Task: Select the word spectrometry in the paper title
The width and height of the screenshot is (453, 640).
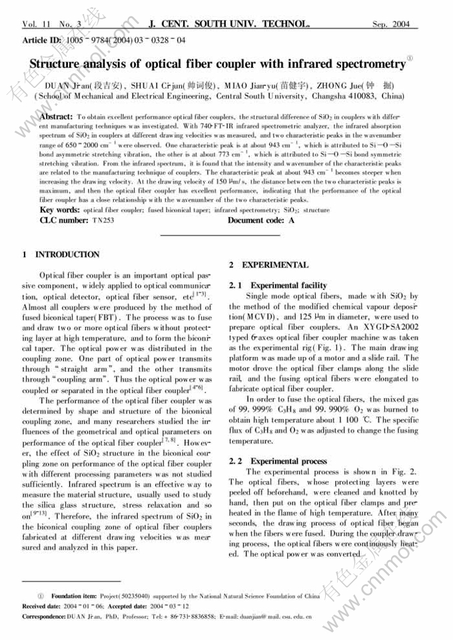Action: tap(368, 64)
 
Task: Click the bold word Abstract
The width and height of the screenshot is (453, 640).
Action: tap(57, 117)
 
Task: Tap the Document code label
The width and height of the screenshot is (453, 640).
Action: tap(254, 220)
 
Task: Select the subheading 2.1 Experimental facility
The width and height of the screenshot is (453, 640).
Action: tap(278, 285)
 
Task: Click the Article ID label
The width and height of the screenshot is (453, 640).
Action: tap(42, 41)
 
